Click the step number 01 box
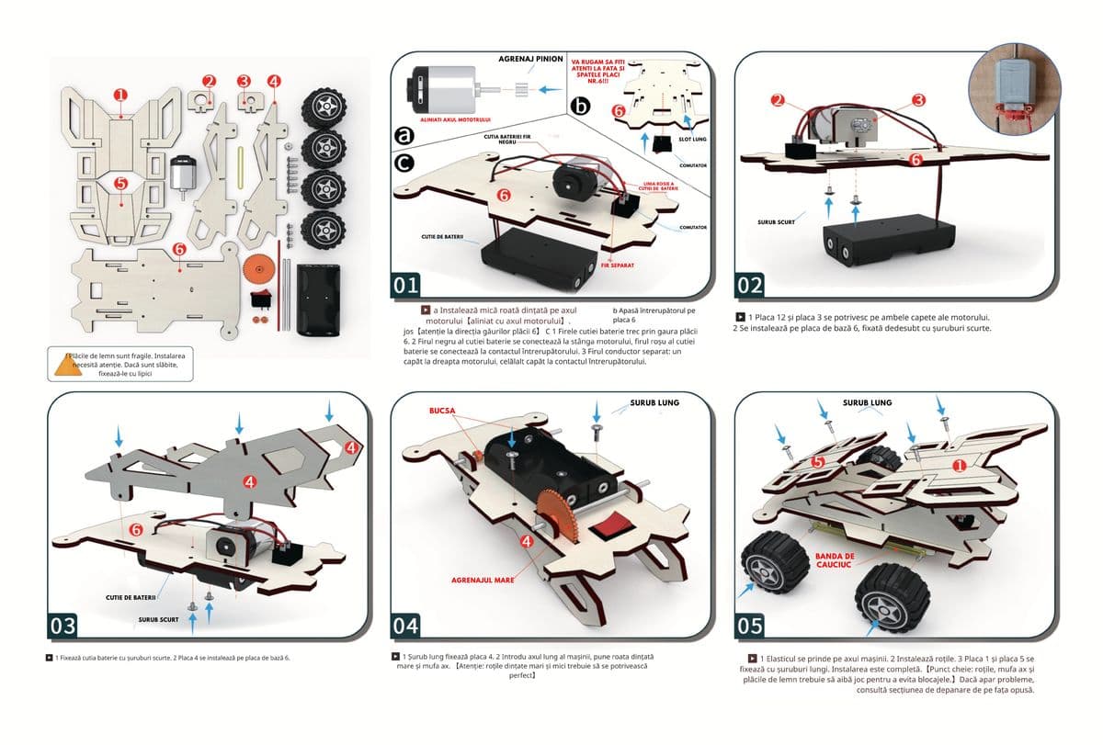[x=406, y=286]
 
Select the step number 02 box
[x=750, y=286]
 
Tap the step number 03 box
[x=63, y=626]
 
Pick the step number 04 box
[x=406, y=626]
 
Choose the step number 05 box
[x=750, y=626]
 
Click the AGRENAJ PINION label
[x=531, y=59]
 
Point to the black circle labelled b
[x=580, y=107]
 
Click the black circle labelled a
[x=405, y=134]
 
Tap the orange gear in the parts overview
[x=260, y=270]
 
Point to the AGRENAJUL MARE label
[x=483, y=581]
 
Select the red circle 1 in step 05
[x=960, y=467]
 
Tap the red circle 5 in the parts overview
[x=120, y=183]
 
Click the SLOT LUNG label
[x=691, y=139]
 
